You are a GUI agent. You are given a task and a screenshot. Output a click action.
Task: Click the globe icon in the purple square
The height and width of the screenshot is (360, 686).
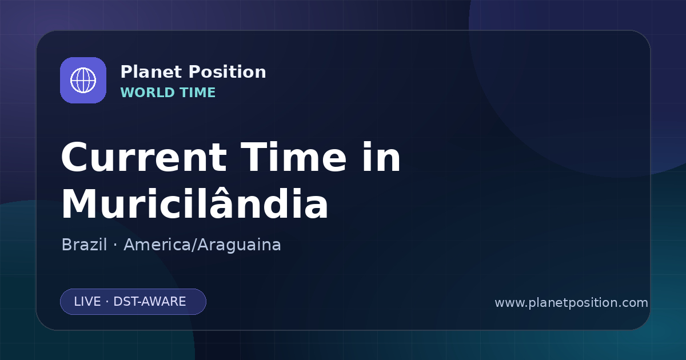point(83,80)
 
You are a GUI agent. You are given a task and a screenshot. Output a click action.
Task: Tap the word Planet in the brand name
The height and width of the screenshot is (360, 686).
point(151,72)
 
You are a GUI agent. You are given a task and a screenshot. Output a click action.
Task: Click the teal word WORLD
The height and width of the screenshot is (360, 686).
point(147,93)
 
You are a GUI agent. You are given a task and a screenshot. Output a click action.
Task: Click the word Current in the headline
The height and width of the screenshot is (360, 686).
point(144,157)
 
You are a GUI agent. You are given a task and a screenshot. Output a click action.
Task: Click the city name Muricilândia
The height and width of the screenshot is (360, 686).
point(195,203)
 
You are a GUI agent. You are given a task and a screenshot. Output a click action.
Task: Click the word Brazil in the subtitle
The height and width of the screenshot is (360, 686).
point(84,245)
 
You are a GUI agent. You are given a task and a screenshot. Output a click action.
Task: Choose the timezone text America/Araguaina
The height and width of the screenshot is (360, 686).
point(202,245)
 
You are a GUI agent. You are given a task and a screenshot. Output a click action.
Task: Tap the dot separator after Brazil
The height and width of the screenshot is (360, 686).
point(115,245)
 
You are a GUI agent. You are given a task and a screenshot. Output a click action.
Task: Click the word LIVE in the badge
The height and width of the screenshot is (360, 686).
point(87,302)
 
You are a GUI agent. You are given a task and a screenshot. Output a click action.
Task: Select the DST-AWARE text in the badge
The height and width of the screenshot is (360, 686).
point(149,302)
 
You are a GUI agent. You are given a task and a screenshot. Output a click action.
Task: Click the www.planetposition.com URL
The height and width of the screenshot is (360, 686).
point(571,303)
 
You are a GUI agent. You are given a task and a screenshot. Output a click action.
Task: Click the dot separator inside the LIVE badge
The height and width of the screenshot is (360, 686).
point(107,302)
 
